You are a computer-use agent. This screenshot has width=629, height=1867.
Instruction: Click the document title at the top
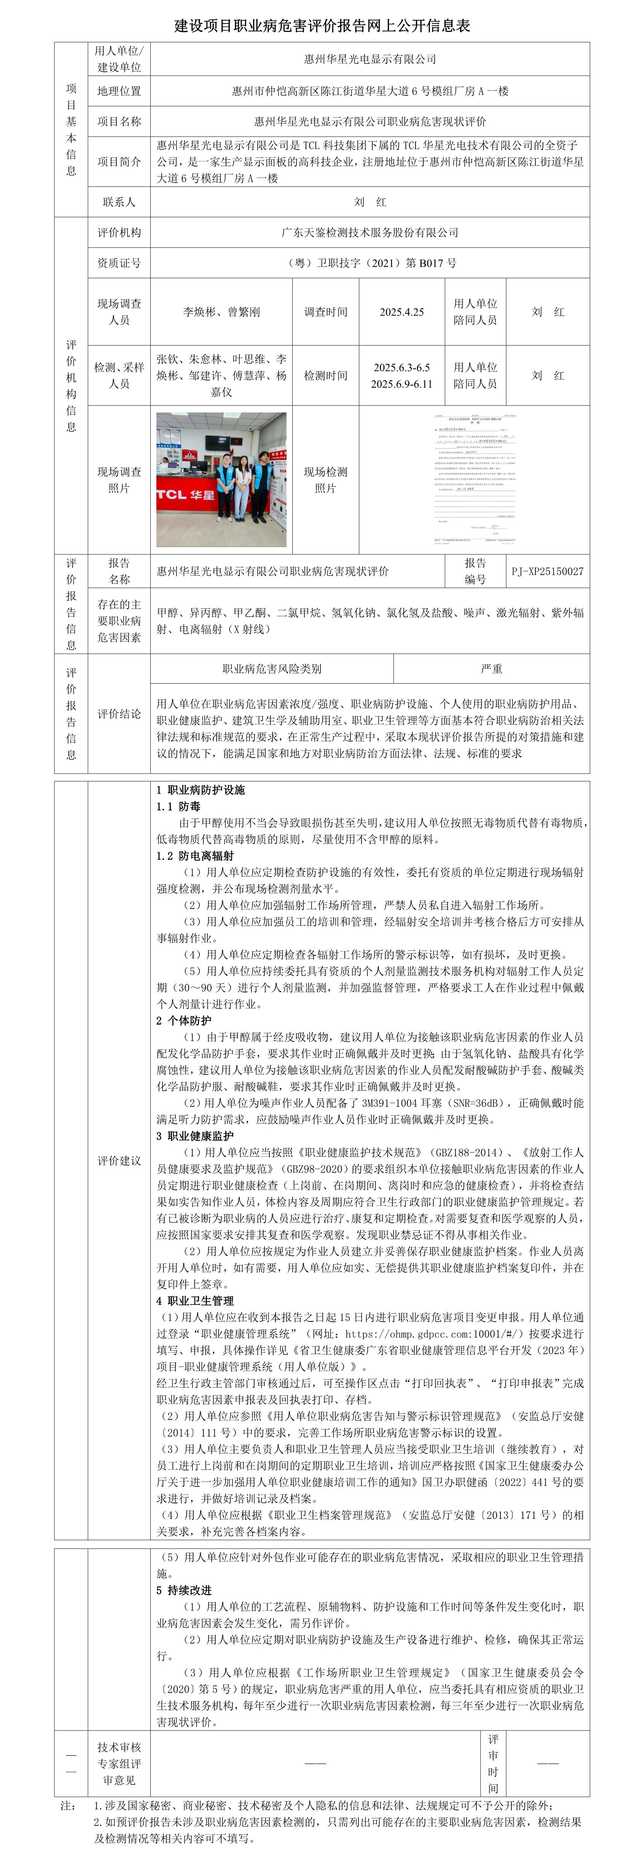coord(322,26)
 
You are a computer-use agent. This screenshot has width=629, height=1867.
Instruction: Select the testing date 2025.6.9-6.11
coord(401,384)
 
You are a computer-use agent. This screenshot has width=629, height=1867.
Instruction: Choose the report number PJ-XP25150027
coord(547,571)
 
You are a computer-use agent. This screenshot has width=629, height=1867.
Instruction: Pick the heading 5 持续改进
coord(184,1590)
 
